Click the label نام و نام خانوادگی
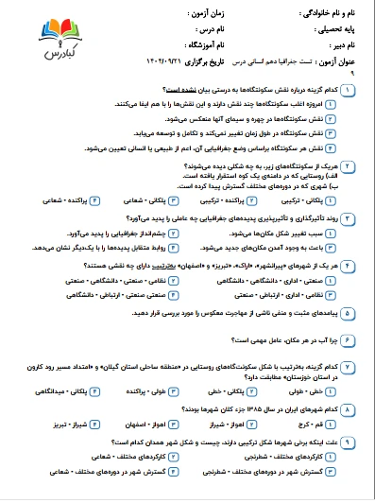[332, 14]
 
